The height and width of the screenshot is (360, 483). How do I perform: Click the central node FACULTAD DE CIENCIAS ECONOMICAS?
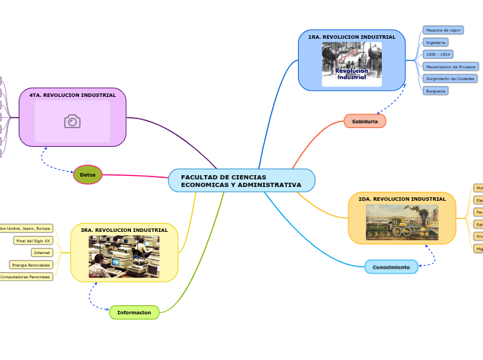241,181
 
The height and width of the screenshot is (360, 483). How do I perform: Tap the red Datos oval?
88,174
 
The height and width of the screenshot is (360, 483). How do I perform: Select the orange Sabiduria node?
365,121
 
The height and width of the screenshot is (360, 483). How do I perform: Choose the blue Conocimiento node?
391,267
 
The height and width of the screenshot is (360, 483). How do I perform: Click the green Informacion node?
134,312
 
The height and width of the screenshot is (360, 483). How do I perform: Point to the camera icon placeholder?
72,122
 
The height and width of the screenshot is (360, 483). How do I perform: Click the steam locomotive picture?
402,223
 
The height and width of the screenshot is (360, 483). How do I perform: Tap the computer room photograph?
124,256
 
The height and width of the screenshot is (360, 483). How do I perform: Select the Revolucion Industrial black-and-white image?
351,64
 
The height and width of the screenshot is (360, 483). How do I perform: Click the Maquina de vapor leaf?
443,30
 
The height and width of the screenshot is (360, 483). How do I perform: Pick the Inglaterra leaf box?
435,42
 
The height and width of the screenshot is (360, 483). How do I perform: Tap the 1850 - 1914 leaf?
438,54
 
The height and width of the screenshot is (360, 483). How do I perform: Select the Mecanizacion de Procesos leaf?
450,66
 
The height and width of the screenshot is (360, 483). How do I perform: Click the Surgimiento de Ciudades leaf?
450,78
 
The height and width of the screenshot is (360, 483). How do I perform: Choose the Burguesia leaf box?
436,91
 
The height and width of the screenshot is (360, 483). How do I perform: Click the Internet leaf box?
42,253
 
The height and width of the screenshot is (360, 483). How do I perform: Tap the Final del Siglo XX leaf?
33,240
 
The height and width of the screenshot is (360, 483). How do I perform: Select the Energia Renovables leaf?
31,264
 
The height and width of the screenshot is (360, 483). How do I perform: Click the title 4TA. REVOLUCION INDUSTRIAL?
73,95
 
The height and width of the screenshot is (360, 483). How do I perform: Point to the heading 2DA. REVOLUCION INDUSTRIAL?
402,199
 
